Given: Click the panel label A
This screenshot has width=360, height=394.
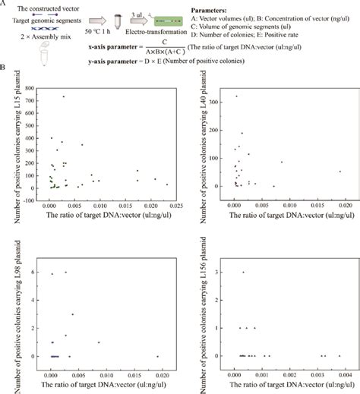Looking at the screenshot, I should coord(6,5).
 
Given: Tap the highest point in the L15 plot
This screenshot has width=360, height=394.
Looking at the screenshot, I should coord(64,96).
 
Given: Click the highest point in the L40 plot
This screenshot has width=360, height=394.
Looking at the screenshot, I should coord(237,96).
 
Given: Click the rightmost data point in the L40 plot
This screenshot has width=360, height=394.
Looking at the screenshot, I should coord(339,172).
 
